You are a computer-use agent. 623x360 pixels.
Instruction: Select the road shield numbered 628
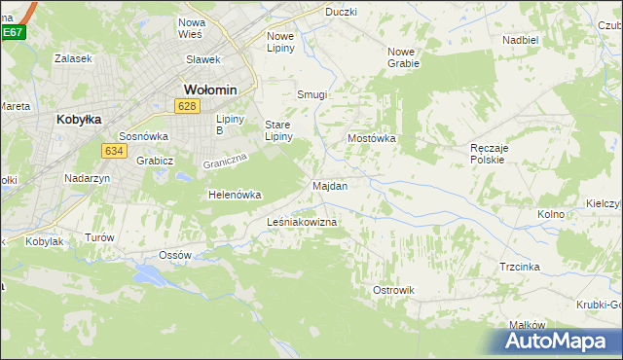(189, 105)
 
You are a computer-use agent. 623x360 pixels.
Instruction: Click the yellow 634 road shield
(113, 151)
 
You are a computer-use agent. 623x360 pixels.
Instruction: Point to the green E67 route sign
(12, 31)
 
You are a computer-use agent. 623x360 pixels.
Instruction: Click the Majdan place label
(330, 185)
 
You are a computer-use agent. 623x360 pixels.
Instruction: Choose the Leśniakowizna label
(302, 223)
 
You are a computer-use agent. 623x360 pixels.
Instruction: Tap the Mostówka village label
(372, 139)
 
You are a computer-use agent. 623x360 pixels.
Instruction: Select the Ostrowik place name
(394, 290)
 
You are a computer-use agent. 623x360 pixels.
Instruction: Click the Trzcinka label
(520, 267)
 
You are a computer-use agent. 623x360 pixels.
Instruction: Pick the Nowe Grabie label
(403, 57)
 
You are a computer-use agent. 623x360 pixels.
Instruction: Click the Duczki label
(341, 12)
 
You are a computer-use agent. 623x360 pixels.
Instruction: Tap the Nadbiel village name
(520, 40)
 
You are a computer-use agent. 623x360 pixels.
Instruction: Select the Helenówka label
(235, 195)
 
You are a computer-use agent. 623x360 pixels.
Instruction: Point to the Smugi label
(311, 95)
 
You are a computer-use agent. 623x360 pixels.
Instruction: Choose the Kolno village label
(551, 213)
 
